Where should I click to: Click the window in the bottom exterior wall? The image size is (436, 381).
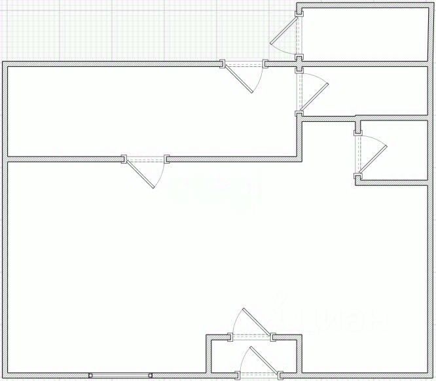point(120,376)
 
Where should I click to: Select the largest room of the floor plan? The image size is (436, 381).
point(164,262)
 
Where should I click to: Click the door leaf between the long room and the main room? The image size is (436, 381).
point(140,174)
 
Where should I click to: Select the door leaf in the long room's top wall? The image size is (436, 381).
point(240,79)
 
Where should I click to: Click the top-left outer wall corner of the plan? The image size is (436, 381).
point(4,63)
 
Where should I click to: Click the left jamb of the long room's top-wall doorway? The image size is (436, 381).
point(223,64)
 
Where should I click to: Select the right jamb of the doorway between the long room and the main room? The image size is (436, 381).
point(167,158)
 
